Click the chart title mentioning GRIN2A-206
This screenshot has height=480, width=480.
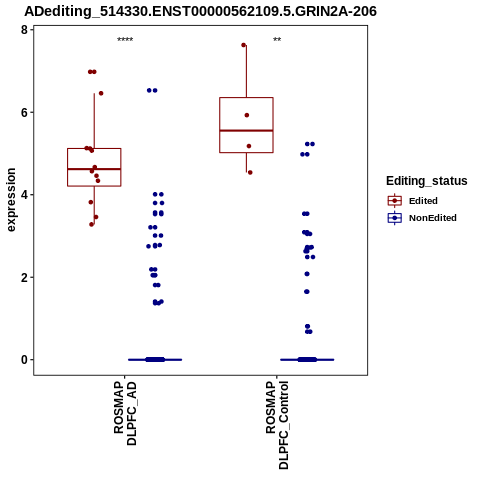click(200, 11)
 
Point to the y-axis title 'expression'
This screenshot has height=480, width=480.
click(11, 200)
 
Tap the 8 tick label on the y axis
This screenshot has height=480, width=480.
click(24, 30)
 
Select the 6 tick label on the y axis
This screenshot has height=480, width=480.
click(24, 113)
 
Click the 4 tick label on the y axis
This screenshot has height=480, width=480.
click(24, 195)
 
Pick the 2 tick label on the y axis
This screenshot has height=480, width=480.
click(24, 278)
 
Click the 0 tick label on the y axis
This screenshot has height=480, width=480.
click(24, 360)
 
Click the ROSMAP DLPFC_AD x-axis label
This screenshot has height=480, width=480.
click(125, 413)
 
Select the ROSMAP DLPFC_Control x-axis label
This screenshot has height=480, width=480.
click(277, 425)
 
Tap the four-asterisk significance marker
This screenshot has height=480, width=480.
click(125, 40)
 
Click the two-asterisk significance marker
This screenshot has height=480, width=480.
click(277, 40)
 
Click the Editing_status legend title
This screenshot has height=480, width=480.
click(427, 181)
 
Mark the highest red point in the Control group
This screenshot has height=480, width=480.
click(244, 45)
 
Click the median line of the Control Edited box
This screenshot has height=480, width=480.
click(246, 130)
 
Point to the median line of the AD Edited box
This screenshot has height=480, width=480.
click(94, 169)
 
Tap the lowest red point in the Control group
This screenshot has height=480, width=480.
click(250, 172)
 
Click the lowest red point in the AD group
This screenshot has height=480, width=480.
click(91, 224)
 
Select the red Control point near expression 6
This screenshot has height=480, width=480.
click(247, 115)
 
